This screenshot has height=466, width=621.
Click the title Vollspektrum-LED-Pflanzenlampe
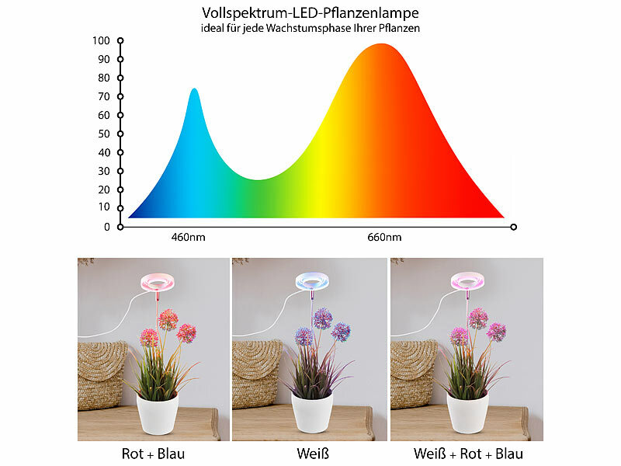click(310, 12)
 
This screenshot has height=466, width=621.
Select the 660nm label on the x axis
click(384, 237)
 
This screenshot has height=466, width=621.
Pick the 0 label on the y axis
click(107, 228)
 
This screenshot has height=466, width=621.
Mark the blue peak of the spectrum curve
click(194, 90)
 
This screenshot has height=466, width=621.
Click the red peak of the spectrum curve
click(380, 45)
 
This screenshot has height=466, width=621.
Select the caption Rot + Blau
click(154, 454)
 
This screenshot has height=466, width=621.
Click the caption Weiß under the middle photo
click(310, 454)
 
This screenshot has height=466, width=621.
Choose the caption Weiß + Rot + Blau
click(467, 454)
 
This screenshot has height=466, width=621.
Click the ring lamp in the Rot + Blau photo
click(157, 283)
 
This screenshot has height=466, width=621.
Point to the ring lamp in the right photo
click(467, 283)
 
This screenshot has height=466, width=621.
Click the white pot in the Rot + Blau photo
click(158, 412)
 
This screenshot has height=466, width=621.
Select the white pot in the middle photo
click(312, 412)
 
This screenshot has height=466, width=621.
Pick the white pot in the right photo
click(467, 412)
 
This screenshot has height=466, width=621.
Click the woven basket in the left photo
click(102, 373)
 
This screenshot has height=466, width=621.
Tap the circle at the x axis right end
click(513, 227)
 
